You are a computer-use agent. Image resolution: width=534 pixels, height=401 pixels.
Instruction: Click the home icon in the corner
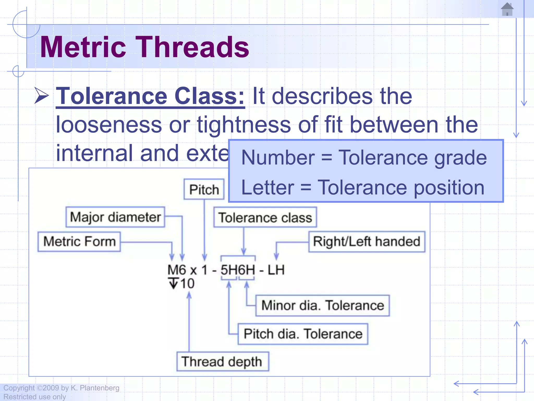click(507, 9)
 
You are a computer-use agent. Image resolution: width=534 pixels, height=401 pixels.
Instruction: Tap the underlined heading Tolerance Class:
click(150, 96)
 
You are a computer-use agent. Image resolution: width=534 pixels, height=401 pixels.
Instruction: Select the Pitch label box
click(204, 190)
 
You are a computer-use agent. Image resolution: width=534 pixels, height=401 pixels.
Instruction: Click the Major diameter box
click(115, 217)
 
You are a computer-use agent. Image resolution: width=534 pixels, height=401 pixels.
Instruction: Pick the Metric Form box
click(79, 241)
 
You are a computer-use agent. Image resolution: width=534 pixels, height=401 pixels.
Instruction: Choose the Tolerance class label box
click(265, 217)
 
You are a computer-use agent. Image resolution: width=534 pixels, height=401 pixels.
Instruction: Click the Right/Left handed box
click(367, 241)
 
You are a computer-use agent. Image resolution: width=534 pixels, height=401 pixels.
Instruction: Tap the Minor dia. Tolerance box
click(323, 305)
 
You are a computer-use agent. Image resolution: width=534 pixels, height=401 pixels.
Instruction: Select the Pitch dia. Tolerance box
click(303, 334)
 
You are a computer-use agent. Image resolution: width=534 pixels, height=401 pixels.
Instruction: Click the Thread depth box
click(222, 362)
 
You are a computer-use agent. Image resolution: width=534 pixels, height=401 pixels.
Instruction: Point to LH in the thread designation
click(276, 270)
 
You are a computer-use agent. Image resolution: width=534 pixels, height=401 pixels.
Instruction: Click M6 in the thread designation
click(177, 270)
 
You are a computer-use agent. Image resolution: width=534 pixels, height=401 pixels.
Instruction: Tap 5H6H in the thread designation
click(238, 270)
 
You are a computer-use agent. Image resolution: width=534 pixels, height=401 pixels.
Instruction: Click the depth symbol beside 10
click(173, 284)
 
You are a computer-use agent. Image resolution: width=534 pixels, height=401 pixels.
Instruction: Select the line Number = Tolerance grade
click(364, 158)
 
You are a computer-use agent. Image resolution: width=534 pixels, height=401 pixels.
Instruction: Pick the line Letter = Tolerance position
click(362, 187)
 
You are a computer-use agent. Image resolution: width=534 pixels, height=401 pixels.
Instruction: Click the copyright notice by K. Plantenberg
click(61, 388)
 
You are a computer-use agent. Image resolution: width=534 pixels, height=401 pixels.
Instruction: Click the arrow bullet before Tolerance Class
click(42, 96)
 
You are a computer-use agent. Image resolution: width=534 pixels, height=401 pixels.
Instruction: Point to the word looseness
click(109, 125)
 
